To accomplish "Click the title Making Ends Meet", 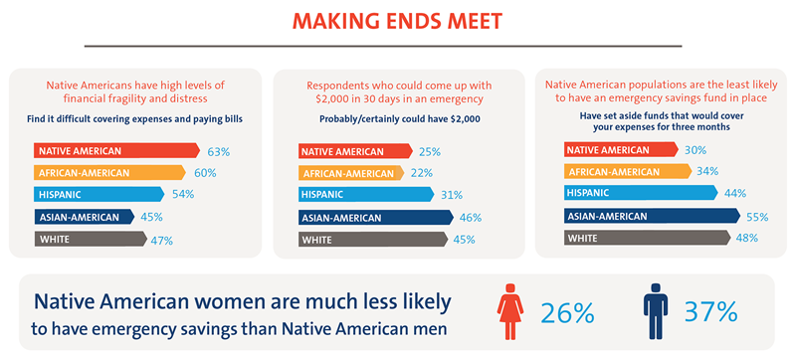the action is click(397, 22).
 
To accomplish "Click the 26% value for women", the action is click(567, 313).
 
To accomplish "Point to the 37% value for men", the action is click(710, 312).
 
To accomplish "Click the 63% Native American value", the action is click(219, 151).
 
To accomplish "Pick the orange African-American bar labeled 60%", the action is click(109, 173).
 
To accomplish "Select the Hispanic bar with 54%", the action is click(99, 194).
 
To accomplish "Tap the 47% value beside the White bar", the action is click(162, 241).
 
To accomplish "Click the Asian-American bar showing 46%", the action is click(376, 218).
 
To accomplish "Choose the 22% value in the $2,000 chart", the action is click(421, 173).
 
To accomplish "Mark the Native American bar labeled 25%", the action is click(355, 151).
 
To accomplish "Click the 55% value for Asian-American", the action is click(757, 217).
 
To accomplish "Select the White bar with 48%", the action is click(648, 238).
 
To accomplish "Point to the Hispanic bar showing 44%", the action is click(641, 193).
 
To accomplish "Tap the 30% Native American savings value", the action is click(695, 150).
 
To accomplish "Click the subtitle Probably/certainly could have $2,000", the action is click(398, 119).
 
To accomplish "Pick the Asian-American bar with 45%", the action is click(85, 217).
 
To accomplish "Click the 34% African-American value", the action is click(707, 171).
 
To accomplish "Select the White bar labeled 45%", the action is click(373, 240).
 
